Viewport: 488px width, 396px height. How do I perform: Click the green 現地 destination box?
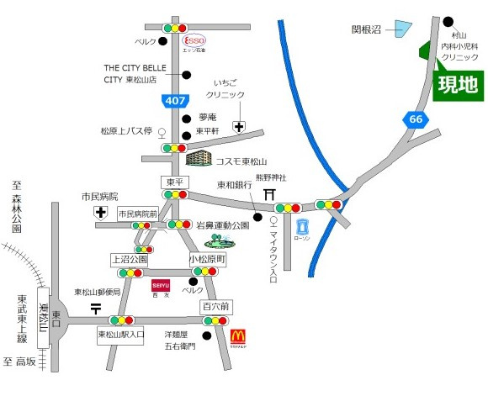pos(457,86)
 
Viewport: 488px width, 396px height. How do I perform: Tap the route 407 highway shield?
pos(175,101)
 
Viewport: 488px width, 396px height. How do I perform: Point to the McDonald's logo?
pos(239,337)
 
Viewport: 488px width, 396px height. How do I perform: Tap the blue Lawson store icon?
pos(303,225)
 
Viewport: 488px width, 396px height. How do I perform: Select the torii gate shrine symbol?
pos(269,194)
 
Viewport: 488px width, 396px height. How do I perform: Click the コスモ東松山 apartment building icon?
pos(200,159)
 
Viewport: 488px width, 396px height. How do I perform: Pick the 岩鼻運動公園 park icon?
pos(220,241)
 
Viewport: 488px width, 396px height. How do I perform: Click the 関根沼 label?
pos(367,29)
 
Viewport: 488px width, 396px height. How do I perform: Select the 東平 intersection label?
pos(172,182)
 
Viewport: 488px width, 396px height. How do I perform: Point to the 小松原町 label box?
pos(207,260)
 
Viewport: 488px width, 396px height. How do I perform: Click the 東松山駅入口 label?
pos(121,335)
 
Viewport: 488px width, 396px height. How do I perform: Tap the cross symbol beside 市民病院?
pos(101,212)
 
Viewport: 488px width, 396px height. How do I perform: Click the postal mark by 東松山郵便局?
pos(95,309)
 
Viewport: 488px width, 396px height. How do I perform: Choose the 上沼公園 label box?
pos(129,260)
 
